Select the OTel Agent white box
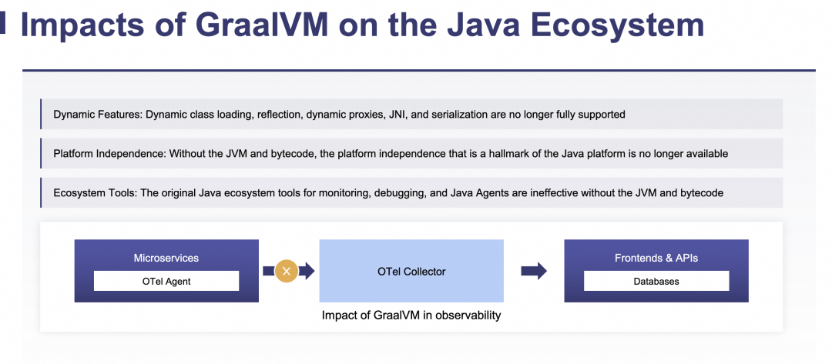tap(166, 281)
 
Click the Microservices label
tap(166, 258)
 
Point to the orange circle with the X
tap(287, 271)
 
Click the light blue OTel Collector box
tap(411, 271)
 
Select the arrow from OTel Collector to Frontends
tap(534, 271)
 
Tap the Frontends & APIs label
tap(656, 258)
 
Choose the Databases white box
tap(656, 281)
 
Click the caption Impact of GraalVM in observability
tap(411, 316)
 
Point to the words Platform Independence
tap(108, 154)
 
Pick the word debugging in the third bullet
tap(401, 193)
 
